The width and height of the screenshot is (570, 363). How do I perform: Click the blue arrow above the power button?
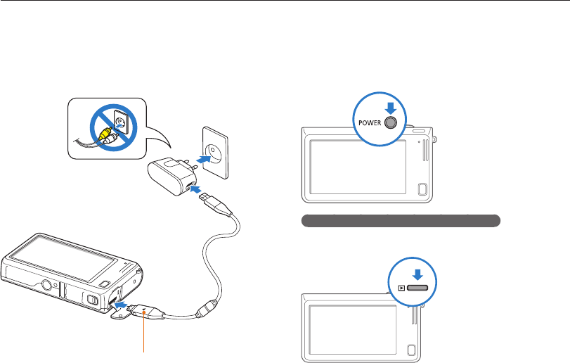[x=391, y=106]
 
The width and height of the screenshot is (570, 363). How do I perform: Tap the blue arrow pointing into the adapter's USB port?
[x=198, y=189]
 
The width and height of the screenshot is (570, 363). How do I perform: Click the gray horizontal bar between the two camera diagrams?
[x=401, y=221]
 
